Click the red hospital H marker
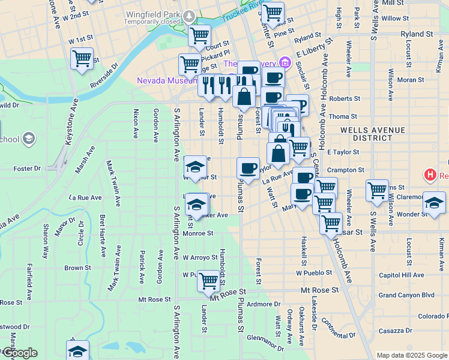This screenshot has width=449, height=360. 430,176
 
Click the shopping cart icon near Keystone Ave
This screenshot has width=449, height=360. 82,59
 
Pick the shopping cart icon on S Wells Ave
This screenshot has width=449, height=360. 377,190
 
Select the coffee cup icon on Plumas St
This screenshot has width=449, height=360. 248,168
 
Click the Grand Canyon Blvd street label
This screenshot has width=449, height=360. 406,295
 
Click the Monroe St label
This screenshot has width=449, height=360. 197,233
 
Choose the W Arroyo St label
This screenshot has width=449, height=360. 200,257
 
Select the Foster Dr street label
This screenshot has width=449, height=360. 27,169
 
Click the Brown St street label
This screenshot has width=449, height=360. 77,268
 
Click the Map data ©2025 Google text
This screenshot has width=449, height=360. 411,355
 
